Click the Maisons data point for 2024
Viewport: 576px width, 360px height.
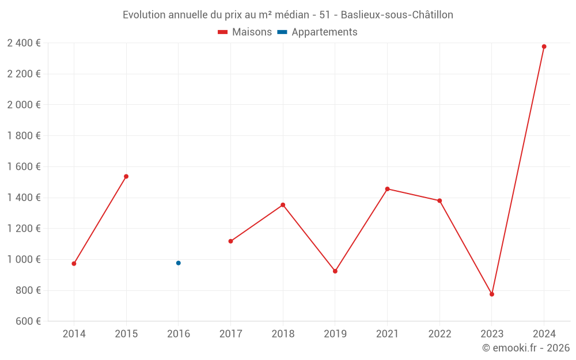coord(544,47)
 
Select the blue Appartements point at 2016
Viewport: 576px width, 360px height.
coord(179,263)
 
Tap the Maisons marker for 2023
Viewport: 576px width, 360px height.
coord(492,294)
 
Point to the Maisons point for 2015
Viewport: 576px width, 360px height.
coord(126,176)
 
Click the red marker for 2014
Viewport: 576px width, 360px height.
coord(74,264)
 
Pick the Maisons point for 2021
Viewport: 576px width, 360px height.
coord(387,189)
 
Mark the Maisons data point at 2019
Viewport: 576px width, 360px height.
coord(335,271)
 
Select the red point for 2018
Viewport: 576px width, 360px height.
coord(283,205)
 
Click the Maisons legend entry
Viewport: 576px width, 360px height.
coord(245,32)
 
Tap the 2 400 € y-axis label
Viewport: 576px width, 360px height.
coord(24,43)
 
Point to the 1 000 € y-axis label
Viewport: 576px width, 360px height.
coord(24,259)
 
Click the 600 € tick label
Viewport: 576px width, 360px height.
coord(27,321)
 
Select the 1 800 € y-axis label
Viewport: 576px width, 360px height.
coord(24,135)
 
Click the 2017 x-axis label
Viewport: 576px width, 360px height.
coord(230,334)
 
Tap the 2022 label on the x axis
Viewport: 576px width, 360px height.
coord(439,334)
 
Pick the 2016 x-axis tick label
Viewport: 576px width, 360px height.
coord(179,334)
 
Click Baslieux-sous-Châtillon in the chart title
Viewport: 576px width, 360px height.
coord(397,15)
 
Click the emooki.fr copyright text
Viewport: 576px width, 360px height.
coord(526,348)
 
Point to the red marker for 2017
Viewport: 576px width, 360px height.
coord(230,241)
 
